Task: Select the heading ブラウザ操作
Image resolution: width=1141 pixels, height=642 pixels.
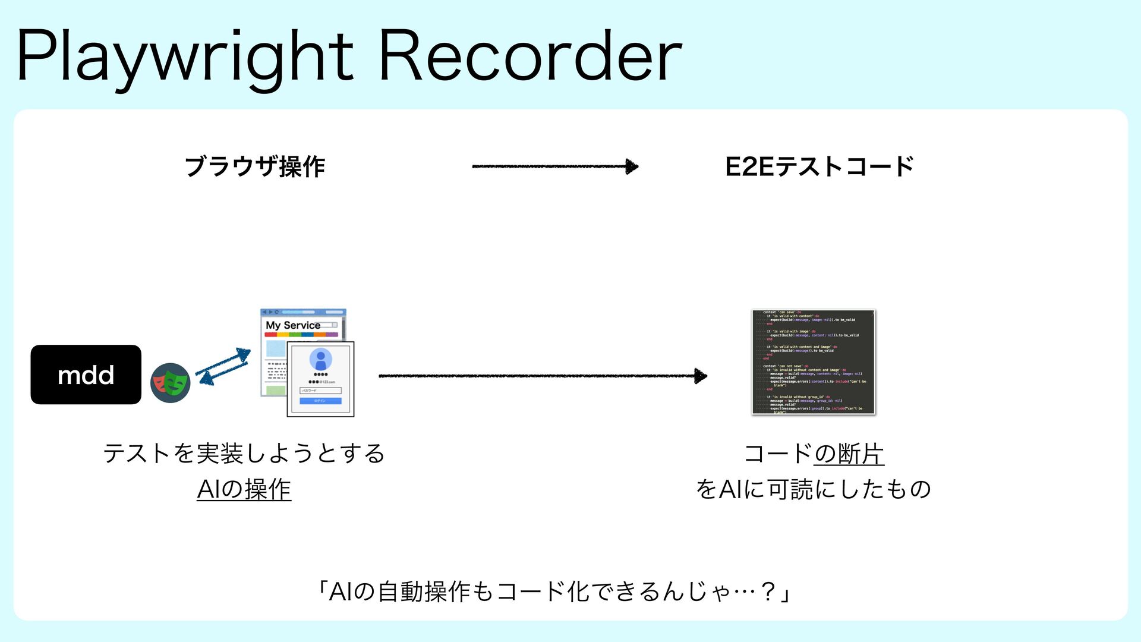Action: click(x=255, y=166)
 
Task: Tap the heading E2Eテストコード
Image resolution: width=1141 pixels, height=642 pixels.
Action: click(x=819, y=166)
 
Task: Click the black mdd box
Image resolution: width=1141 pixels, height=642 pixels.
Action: click(x=86, y=374)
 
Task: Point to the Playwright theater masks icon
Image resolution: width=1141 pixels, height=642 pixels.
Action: click(x=170, y=383)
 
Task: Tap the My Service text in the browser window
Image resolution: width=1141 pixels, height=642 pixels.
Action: click(x=293, y=325)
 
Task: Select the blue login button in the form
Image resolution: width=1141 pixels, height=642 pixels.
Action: click(x=320, y=401)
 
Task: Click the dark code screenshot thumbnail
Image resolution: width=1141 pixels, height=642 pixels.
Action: click(x=814, y=361)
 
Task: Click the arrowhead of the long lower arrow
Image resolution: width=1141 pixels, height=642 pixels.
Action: click(x=701, y=376)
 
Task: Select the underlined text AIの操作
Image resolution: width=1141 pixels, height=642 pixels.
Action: click(x=244, y=489)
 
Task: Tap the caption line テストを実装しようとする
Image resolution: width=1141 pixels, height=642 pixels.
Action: click(x=244, y=454)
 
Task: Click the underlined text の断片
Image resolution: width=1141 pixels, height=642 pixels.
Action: click(x=849, y=454)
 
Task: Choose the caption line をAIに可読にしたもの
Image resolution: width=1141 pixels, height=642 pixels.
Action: click(x=813, y=489)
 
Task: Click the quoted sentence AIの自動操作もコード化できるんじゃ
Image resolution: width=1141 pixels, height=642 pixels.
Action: click(x=553, y=591)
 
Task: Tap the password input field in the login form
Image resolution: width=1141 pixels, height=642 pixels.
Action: click(x=320, y=391)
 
